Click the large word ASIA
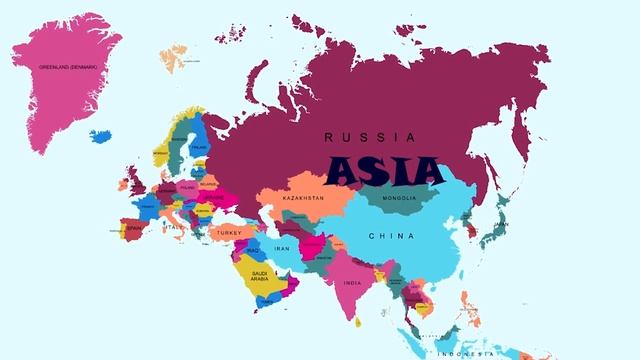coord(384,170)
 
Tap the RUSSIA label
coord(369,137)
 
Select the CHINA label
coord(385,236)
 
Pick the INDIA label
coord(352,283)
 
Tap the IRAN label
coord(281,248)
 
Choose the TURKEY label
coord(227,233)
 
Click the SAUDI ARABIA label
coord(260,275)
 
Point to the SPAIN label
coord(134,228)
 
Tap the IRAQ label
coord(251,250)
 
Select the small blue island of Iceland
coord(100,135)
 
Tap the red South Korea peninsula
coord(470,232)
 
